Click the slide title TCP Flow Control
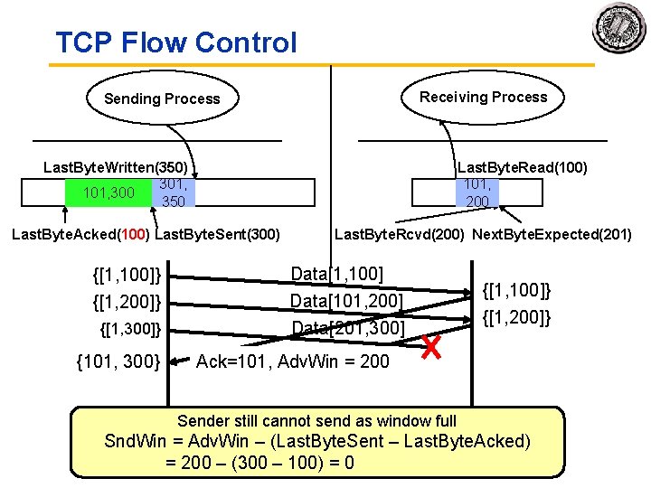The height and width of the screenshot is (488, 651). [x=175, y=42]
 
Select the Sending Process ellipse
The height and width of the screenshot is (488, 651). [x=162, y=99]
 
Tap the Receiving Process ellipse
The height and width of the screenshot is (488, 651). [x=483, y=97]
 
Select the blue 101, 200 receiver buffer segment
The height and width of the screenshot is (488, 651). [x=477, y=192]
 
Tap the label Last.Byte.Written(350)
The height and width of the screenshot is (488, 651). [x=116, y=167]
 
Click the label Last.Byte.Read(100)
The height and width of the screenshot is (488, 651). [x=523, y=167]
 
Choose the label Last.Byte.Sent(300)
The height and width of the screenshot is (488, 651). [x=218, y=235]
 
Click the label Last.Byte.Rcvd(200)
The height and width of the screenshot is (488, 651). [x=399, y=235]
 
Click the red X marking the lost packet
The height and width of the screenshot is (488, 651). [x=435, y=346]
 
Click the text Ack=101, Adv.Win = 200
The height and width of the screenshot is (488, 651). [x=292, y=361]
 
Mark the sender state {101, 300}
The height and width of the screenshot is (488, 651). [x=118, y=361]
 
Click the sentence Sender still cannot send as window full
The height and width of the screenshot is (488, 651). [x=316, y=420]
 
